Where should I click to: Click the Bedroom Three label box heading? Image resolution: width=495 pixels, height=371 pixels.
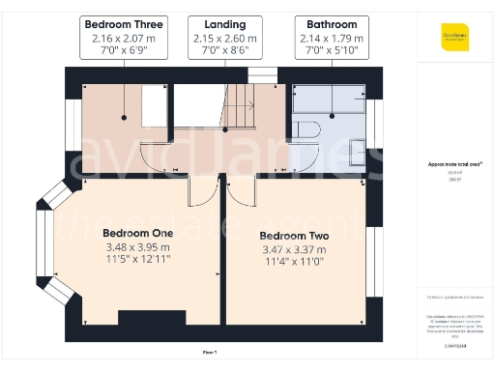pyautogui.click(x=124, y=23)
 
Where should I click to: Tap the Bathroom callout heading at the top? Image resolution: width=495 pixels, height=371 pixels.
pyautogui.click(x=332, y=23)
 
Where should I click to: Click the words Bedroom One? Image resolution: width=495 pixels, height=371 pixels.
pyautogui.click(x=137, y=233)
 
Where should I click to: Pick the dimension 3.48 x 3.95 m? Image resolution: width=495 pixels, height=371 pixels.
pyautogui.click(x=137, y=246)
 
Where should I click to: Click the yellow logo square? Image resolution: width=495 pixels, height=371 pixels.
pyautogui.click(x=454, y=37)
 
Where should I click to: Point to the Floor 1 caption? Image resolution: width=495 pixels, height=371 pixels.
pyautogui.click(x=210, y=352)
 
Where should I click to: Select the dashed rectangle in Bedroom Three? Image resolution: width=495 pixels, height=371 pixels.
pyautogui.click(x=154, y=104)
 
